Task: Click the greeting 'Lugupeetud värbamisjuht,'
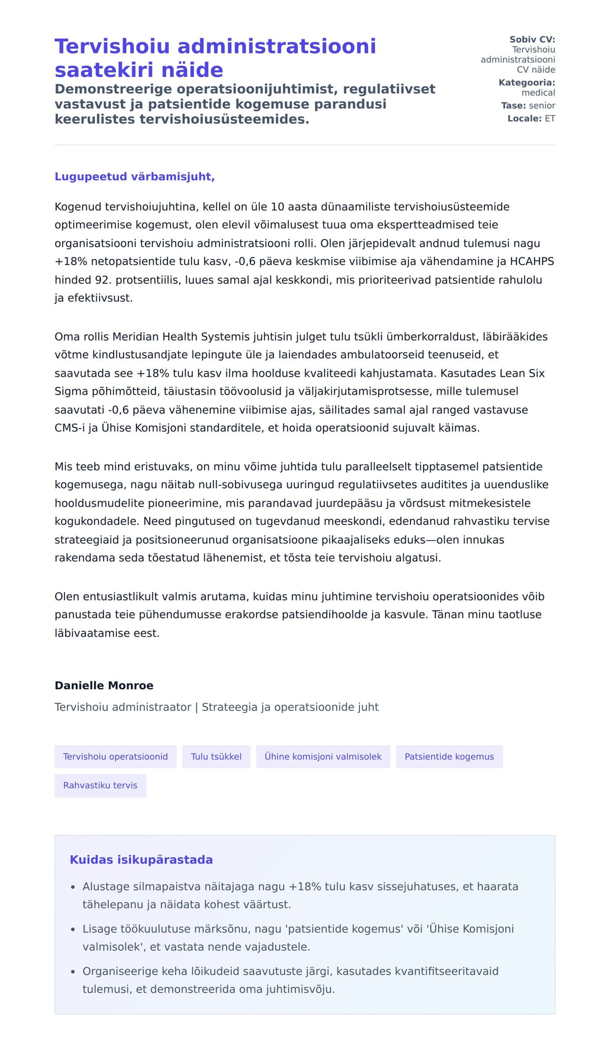point(135,176)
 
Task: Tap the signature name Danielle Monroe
point(104,685)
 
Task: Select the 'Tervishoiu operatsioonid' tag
point(115,757)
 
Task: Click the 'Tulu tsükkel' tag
point(216,757)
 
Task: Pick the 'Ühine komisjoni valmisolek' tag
point(323,757)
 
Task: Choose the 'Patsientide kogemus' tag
point(449,757)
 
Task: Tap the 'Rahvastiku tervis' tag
point(100,786)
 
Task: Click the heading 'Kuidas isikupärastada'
point(141,860)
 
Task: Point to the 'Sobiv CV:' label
point(532,40)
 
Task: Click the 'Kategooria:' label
point(527,83)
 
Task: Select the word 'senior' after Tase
point(542,106)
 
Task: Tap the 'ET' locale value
point(550,118)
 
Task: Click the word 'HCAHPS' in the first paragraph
point(532,261)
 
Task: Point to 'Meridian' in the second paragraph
point(135,337)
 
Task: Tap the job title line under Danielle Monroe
point(217,707)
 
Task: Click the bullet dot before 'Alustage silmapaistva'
point(73,887)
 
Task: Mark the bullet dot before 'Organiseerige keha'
point(73,972)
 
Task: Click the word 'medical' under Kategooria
point(538,93)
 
